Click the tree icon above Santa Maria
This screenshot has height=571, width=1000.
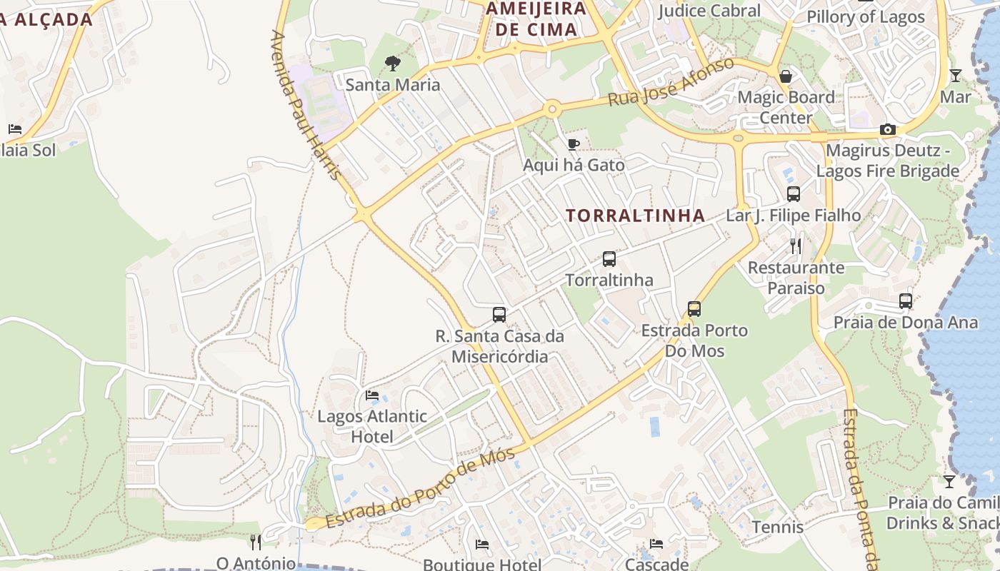pos(392,64)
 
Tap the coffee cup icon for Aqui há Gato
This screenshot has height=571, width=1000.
pos(573,145)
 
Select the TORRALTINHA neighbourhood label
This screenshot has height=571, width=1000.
pos(636,216)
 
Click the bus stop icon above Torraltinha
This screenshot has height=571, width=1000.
pos(609,259)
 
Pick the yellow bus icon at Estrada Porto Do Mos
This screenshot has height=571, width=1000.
pos(694,309)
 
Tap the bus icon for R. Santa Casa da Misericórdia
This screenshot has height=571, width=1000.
pos(499,314)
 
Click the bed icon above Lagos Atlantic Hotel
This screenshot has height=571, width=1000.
pos(372,395)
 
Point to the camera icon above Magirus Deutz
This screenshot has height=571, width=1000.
pos(888,129)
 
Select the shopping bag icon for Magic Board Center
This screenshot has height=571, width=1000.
pos(786,76)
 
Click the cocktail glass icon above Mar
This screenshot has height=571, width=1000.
pos(955,75)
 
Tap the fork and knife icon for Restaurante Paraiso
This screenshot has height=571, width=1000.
pos(796,246)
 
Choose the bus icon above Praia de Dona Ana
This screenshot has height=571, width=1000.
pos(906,301)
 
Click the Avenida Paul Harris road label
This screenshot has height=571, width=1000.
pos(306,104)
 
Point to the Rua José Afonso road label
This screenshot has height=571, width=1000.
pos(671,83)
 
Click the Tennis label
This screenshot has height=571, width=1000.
pos(778,527)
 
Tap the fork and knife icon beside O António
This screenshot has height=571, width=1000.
pos(256,542)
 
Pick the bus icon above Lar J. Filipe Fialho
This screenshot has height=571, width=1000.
pos(794,194)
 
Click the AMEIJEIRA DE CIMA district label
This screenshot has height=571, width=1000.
pos(536,19)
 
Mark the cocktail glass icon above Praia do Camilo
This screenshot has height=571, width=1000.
pos(949,482)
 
